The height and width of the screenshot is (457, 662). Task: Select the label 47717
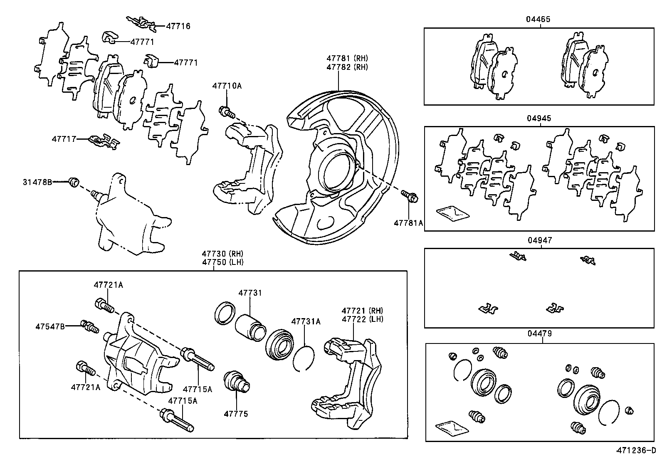click(x=64, y=139)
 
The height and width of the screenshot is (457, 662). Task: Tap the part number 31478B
click(x=37, y=182)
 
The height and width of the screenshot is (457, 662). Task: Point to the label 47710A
click(x=227, y=86)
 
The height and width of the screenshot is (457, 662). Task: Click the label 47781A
click(x=408, y=223)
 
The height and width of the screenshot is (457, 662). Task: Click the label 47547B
click(x=50, y=326)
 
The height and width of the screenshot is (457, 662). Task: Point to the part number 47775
click(x=236, y=414)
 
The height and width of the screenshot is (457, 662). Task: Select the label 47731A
click(x=306, y=321)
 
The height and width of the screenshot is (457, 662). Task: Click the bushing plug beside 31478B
click(x=74, y=182)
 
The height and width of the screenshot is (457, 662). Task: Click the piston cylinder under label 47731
click(x=249, y=326)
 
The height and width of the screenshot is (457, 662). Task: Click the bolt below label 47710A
click(x=226, y=111)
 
